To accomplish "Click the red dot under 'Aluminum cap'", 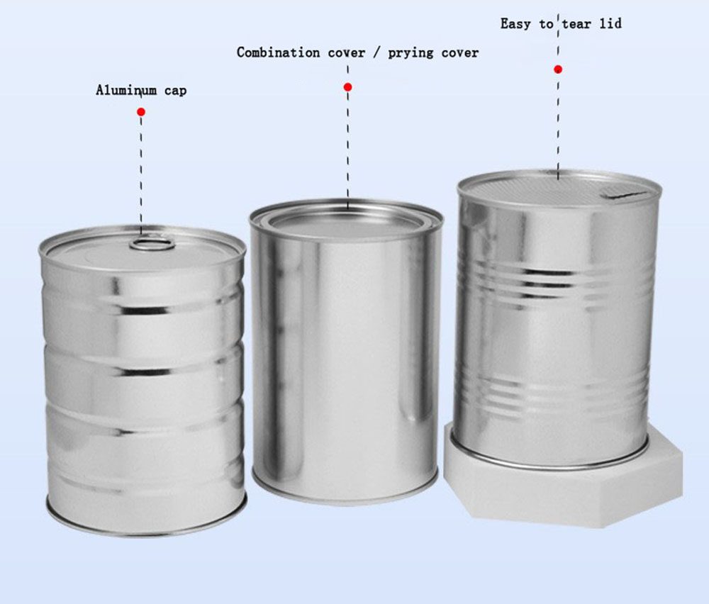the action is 141,112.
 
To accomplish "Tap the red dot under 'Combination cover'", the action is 347,86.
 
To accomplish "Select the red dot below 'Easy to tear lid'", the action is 558,69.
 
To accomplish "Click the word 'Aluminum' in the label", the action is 126,90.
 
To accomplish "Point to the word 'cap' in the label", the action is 175,91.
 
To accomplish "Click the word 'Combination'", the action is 278,52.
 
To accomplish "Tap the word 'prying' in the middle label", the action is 411,53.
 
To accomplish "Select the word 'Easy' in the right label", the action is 515,24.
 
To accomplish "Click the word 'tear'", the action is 576,23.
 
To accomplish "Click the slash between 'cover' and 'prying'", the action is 376,53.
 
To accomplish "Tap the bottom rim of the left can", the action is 147,526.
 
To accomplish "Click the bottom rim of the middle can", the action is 345,495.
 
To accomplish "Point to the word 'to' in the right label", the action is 546,23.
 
